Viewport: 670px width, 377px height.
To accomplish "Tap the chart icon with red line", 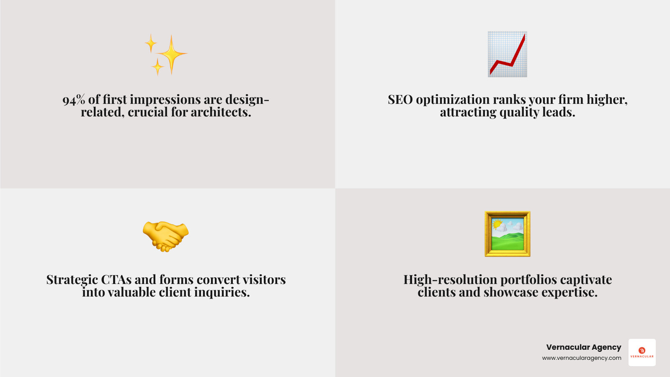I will click(x=507, y=54).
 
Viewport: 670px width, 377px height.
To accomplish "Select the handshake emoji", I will click(x=166, y=236).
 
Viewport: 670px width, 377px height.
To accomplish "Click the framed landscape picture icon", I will click(x=507, y=234).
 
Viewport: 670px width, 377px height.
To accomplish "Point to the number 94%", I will click(x=74, y=100).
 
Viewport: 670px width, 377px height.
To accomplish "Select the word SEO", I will click(x=400, y=100).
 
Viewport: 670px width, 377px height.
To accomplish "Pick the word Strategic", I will click(x=72, y=280).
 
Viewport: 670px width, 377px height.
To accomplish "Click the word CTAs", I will click(x=116, y=280).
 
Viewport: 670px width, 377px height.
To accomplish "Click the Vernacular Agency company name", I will click(x=583, y=347).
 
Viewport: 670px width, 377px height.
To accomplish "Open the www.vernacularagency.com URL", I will click(x=582, y=358).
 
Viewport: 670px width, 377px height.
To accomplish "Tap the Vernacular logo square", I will click(x=642, y=353).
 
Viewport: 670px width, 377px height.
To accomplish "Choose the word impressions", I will click(x=165, y=100).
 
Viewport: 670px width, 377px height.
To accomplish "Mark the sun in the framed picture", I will click(x=497, y=225).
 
